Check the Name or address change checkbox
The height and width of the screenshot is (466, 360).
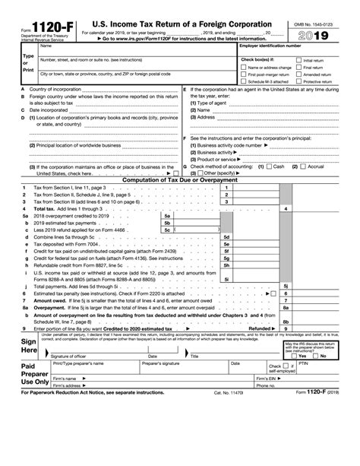click(243, 67)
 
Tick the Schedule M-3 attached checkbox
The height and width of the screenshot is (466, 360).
click(243, 82)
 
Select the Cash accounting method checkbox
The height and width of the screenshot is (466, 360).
click(268, 166)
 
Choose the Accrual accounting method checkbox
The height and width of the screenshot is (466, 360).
click(303, 166)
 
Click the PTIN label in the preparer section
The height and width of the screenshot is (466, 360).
click(310, 364)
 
